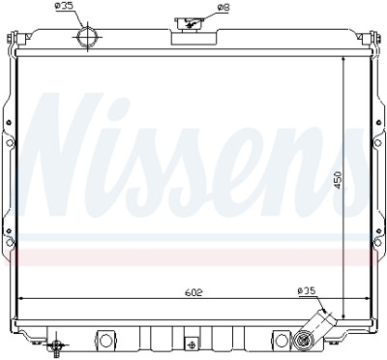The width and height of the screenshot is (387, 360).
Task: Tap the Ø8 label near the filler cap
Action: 223,7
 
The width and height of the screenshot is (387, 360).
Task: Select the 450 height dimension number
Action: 339,180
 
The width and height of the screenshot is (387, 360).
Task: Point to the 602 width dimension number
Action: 193,292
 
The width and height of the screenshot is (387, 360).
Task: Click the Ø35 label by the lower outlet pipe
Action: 306,291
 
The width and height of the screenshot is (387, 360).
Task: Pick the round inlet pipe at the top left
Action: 87,37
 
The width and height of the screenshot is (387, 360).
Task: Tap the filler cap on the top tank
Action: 190,23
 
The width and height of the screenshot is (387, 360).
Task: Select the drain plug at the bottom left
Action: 56,346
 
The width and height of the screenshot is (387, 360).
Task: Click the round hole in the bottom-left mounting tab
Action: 105,341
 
